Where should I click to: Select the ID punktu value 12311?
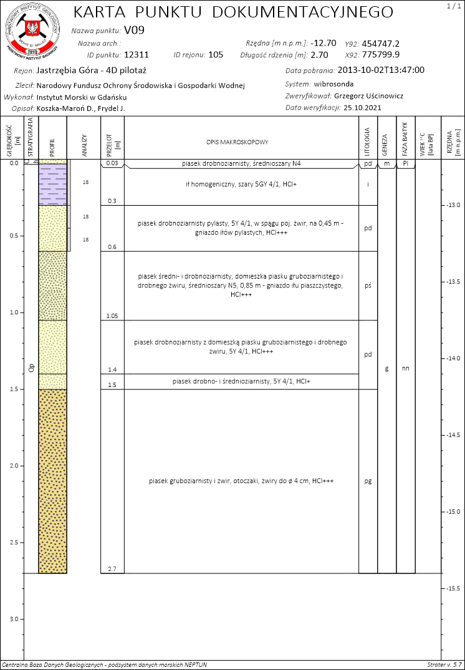[137, 55]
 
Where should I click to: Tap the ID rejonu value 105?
[216, 55]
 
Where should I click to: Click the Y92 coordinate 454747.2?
[381, 44]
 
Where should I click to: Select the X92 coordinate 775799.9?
[381, 55]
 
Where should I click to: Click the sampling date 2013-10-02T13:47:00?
[372, 70]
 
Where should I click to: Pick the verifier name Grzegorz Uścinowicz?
[369, 96]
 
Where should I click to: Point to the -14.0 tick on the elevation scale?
[451, 358]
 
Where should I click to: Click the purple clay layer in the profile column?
[52, 184]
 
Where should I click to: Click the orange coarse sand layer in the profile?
[52, 480]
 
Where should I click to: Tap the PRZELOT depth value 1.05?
[112, 316]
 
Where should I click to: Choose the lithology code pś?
[368, 285]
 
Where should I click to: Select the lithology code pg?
[368, 481]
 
